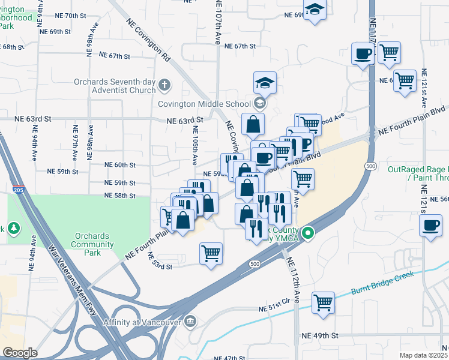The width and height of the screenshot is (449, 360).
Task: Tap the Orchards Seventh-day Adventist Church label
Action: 115,86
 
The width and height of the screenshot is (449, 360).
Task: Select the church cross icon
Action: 165,86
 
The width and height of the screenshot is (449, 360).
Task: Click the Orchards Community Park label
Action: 92,240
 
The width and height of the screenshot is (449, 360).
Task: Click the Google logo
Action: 20,352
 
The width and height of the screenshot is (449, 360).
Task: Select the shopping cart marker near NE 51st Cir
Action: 324,303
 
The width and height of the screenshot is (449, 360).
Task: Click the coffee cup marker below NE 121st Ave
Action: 430,226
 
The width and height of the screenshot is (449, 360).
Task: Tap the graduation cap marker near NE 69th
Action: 314,10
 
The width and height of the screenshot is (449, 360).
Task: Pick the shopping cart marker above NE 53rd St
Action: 211,254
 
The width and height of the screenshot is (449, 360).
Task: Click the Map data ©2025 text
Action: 423,355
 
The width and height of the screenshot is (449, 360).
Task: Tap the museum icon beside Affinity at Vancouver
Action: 191,322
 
